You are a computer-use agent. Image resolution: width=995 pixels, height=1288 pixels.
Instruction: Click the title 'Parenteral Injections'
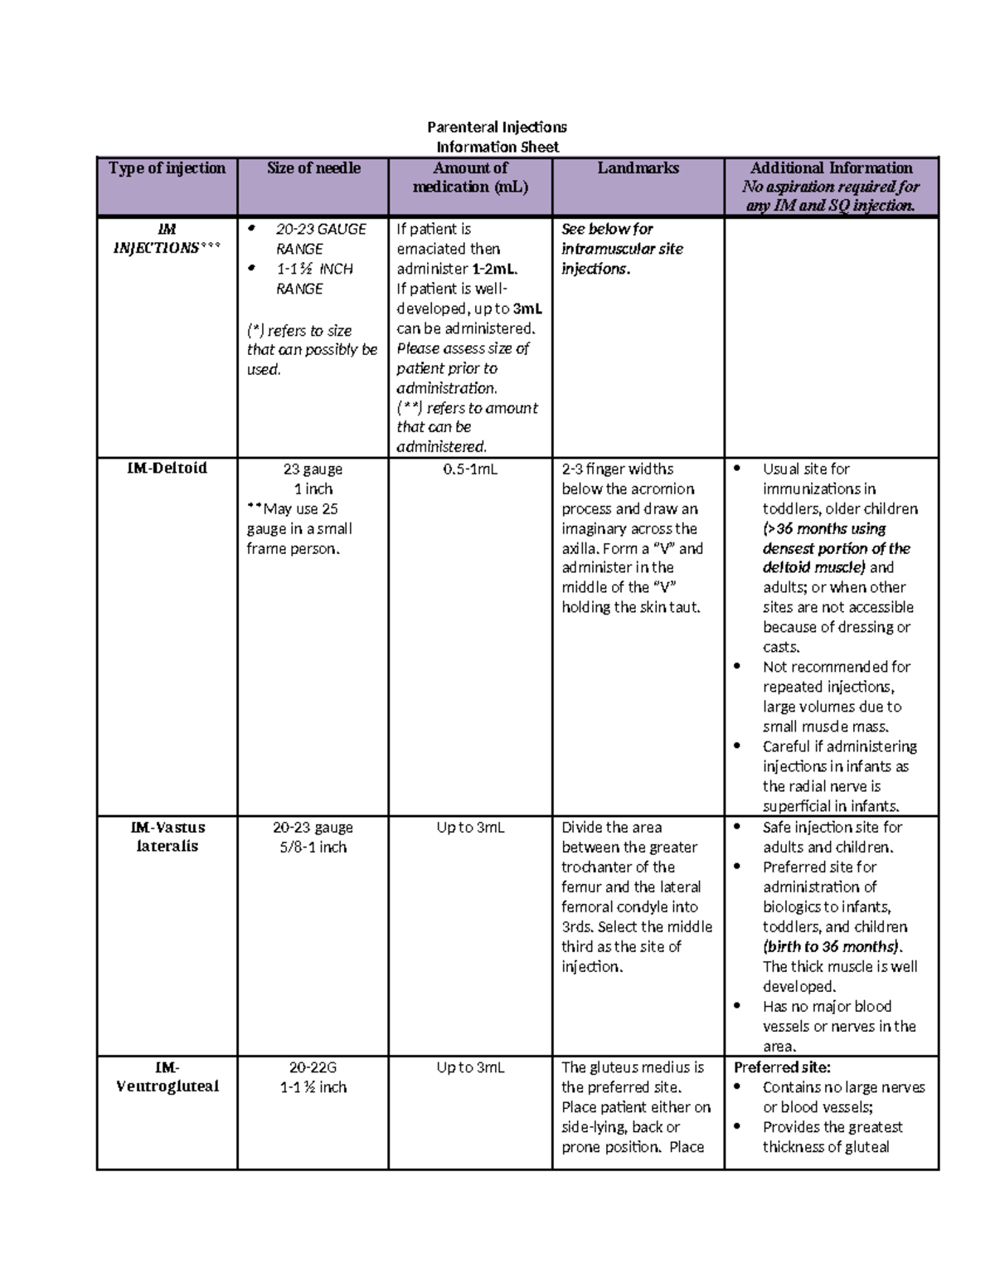[x=497, y=127]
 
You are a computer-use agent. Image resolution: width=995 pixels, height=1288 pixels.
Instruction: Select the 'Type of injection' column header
[x=167, y=168]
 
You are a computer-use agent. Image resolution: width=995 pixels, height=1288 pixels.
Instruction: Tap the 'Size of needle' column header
[x=313, y=168]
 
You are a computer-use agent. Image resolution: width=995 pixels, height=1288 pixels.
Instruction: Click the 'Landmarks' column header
[x=638, y=168]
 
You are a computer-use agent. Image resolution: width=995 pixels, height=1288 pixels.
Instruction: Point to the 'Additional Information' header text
[x=831, y=168]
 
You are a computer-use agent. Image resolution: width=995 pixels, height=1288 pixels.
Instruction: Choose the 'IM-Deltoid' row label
[x=167, y=469]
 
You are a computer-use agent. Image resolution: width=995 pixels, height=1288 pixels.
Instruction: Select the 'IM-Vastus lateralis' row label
[x=167, y=837]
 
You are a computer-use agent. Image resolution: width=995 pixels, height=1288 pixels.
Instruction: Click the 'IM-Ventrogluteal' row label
[x=167, y=1077]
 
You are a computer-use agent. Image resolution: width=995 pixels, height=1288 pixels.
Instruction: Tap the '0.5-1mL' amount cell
[x=470, y=469]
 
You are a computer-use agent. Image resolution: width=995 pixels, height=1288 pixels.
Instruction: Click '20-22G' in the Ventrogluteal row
[x=313, y=1067]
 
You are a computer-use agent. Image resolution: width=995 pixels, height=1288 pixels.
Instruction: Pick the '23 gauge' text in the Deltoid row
[x=313, y=469]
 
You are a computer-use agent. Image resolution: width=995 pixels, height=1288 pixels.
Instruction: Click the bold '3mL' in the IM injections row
[x=527, y=309]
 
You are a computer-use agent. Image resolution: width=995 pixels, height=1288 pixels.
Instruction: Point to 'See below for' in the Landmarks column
[x=607, y=229]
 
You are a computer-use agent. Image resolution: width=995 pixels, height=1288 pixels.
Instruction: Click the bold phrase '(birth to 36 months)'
[x=831, y=947]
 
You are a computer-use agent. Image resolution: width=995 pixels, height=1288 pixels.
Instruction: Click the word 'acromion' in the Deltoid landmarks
[x=662, y=489]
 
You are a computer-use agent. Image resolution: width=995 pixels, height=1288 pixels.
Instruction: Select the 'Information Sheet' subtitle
[x=497, y=147]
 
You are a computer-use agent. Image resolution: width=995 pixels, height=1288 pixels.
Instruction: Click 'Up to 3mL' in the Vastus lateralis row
[x=470, y=828]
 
